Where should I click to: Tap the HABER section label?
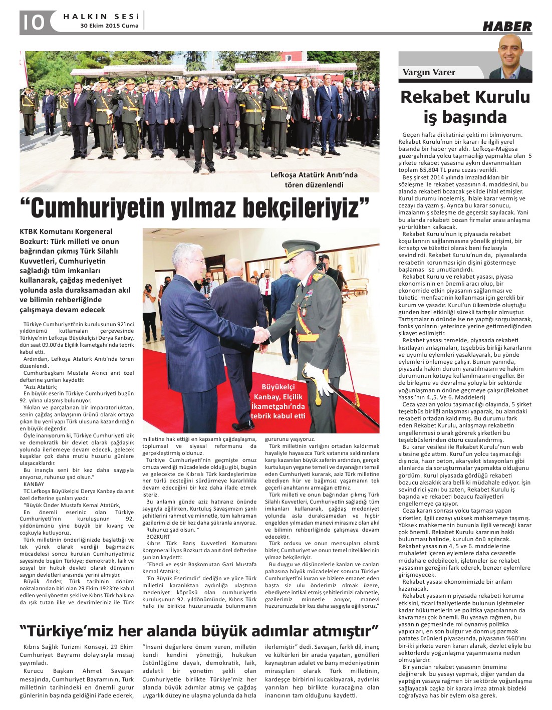[506, 27]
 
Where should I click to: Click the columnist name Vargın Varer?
[429, 72]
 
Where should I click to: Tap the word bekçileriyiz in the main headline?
[306, 207]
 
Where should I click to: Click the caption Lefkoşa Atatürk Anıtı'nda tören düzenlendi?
[314, 180]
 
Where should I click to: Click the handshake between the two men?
[262, 333]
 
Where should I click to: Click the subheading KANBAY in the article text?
[34, 485]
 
